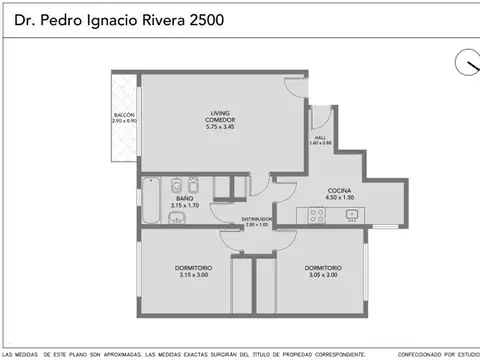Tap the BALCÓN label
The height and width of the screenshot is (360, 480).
tap(124, 117)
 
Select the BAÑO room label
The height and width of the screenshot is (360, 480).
tap(185, 199)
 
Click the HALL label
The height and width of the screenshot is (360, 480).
tap(320, 138)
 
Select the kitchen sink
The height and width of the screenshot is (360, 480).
tap(350, 214)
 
